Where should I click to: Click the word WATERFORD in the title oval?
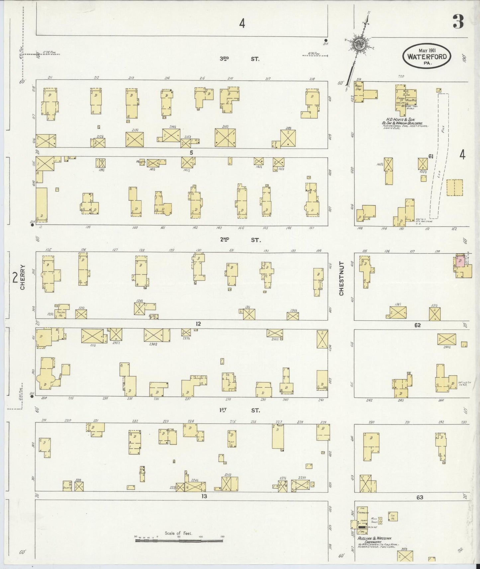tap(427, 56)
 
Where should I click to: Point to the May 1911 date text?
tap(427, 50)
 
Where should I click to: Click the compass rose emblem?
tap(359, 43)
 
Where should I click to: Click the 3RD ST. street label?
tap(239, 59)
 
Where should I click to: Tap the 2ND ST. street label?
tap(239, 240)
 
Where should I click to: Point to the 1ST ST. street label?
tap(239, 411)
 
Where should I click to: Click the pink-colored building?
tap(460, 261)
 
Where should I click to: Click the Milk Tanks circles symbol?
tap(380, 521)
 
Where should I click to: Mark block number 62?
tap(417, 325)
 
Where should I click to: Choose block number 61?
tap(430, 156)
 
